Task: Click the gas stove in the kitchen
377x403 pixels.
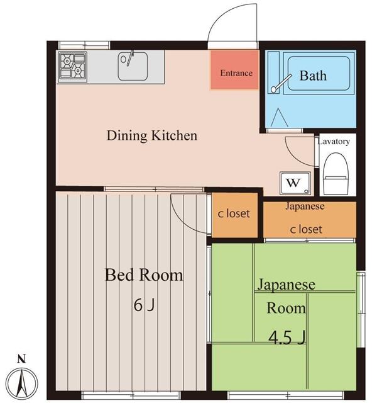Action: [72, 66]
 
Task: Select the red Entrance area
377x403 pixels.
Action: [236, 72]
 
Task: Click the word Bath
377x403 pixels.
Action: [312, 76]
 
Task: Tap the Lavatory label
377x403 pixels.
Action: [334, 141]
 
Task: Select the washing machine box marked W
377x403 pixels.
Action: [293, 183]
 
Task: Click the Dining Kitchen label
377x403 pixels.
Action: [151, 135]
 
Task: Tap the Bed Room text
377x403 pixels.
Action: [143, 275]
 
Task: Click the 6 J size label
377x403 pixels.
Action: [144, 305]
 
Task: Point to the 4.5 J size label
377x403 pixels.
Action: [287, 338]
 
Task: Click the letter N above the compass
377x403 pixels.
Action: [21, 360]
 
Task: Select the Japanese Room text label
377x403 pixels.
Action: [286, 296]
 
